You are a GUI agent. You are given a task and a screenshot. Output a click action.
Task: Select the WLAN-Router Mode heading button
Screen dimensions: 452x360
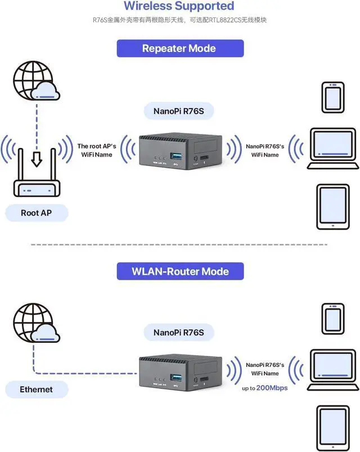pos(180,271)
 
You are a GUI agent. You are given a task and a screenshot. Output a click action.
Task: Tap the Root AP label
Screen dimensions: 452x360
pos(37,213)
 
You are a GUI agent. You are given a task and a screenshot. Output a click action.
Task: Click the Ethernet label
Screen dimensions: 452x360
pos(36,389)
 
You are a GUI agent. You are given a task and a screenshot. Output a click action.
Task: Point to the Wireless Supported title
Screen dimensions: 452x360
pos(178,6)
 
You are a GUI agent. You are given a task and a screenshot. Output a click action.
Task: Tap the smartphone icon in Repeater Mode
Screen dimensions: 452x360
pos(332,98)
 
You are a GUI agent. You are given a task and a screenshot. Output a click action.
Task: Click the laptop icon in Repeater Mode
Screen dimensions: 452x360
pos(332,149)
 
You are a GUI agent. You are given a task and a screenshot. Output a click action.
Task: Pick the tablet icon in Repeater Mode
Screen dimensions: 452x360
pos(332,207)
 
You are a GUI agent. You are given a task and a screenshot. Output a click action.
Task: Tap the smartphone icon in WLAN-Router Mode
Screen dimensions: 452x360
pos(332,319)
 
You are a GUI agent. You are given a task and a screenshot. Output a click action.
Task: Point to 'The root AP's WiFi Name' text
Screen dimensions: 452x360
pos(94,150)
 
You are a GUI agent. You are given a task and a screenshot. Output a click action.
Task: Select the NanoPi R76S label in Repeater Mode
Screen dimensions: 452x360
pos(179,111)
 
